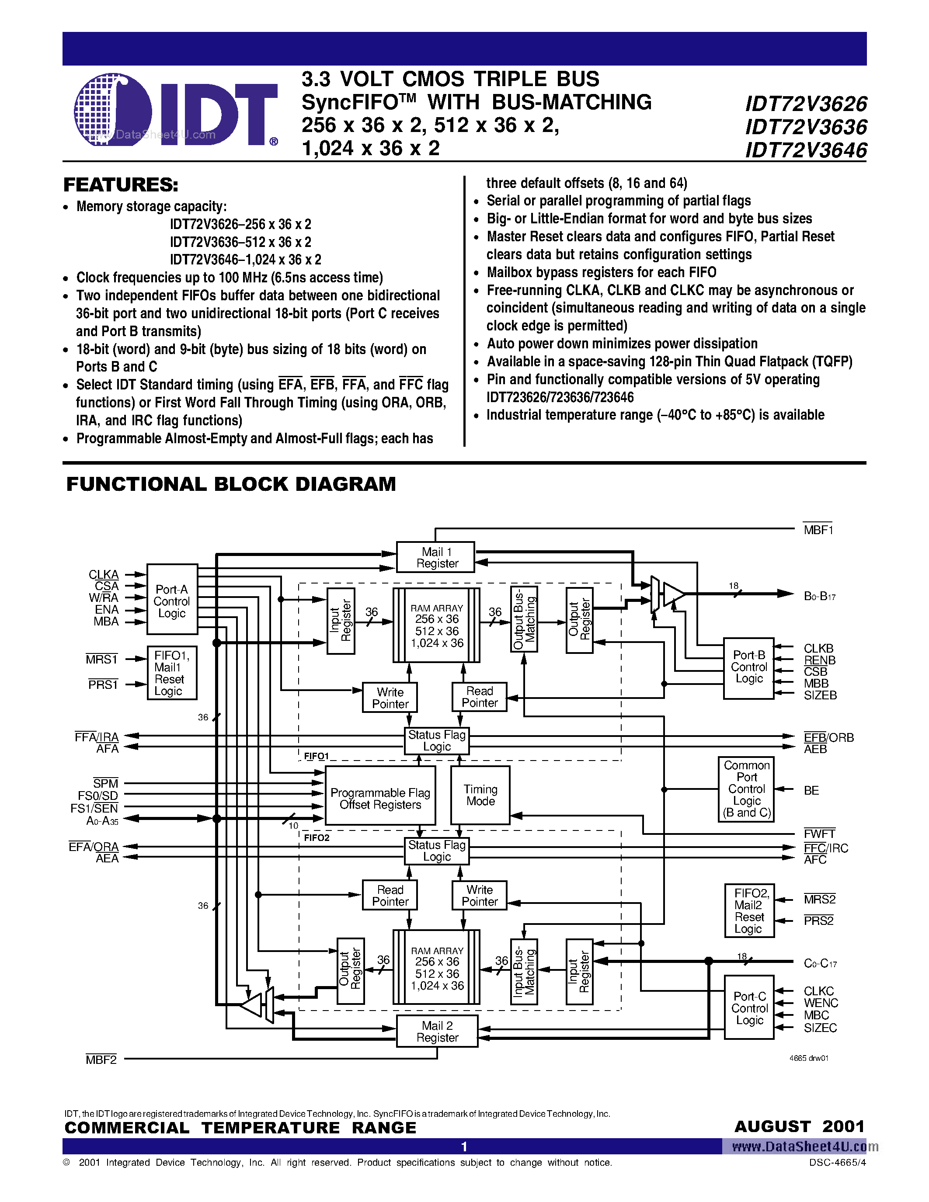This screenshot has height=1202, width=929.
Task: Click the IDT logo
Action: (175, 110)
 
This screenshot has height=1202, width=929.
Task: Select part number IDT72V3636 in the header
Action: (806, 127)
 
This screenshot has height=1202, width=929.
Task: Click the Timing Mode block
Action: (480, 795)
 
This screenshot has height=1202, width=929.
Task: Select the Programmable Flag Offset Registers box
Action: (380, 799)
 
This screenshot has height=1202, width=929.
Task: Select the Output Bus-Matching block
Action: (524, 619)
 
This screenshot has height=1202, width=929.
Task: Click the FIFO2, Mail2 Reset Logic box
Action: (749, 910)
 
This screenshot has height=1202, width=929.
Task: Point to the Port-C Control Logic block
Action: (749, 1008)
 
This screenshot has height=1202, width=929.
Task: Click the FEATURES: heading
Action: (121, 185)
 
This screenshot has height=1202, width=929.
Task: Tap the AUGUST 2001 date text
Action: (799, 1126)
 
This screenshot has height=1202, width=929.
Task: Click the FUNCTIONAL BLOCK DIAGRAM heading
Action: (231, 484)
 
